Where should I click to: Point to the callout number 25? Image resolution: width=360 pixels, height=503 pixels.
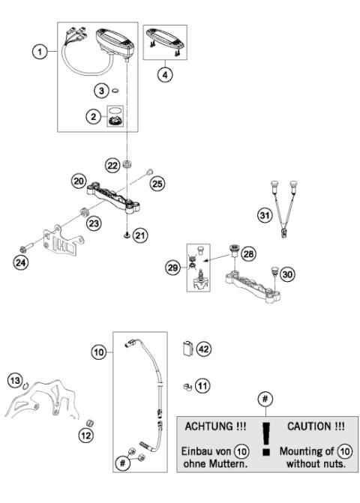click(157, 183)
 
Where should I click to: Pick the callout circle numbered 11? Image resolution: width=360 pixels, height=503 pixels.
click(202, 386)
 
